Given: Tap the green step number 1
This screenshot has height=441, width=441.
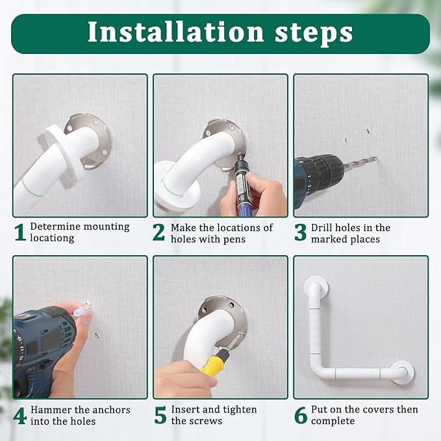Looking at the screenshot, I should (x=20, y=233).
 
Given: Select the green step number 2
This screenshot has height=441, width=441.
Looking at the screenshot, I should (x=159, y=233).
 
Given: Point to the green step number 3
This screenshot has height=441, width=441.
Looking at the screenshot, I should (x=300, y=233).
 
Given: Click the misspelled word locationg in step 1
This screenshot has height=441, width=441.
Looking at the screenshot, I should (x=52, y=238).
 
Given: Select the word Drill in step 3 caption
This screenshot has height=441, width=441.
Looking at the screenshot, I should (x=323, y=227).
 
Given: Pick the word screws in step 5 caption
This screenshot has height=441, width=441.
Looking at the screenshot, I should (x=207, y=421).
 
